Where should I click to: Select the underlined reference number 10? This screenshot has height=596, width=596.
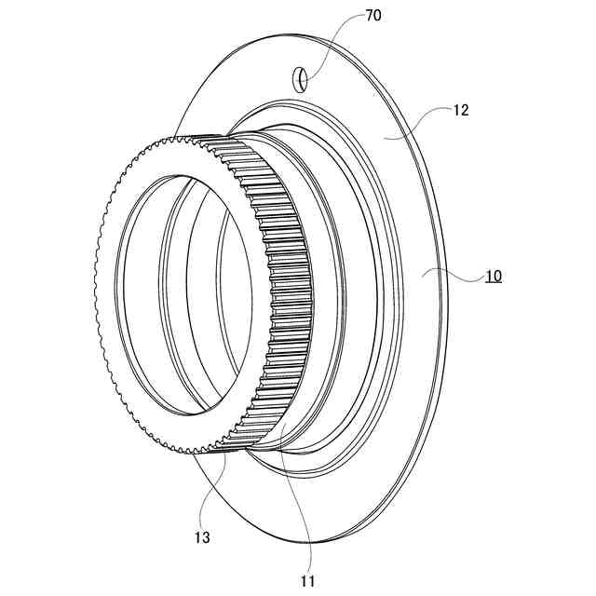pos(493,276)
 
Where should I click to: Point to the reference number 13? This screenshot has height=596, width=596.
pos(203,537)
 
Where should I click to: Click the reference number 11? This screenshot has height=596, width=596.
pos(307,581)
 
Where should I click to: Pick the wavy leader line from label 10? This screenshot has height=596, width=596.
pos(452,273)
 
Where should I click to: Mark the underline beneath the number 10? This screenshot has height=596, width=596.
pos(493,283)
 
